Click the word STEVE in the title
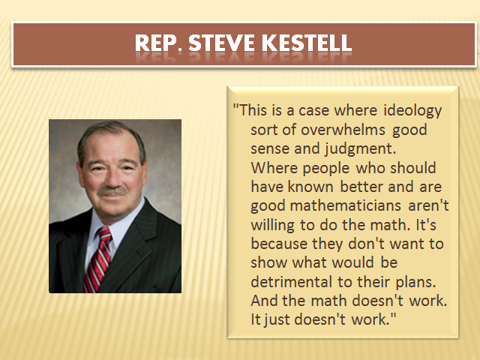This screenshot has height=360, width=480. [222, 43]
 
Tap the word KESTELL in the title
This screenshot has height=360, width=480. [307, 43]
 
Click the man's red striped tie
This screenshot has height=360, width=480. [98, 259]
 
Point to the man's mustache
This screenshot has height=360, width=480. [112, 191]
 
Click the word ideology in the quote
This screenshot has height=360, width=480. [412, 111]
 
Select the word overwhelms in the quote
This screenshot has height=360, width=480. [343, 130]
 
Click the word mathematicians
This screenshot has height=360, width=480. [345, 205]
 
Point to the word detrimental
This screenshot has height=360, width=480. [292, 282]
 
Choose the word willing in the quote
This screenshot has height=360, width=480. [272, 225]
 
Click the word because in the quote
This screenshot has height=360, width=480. [279, 244]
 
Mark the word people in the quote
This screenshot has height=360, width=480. [326, 169]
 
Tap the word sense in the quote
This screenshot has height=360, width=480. [269, 149]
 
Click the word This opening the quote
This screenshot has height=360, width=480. [253, 110]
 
